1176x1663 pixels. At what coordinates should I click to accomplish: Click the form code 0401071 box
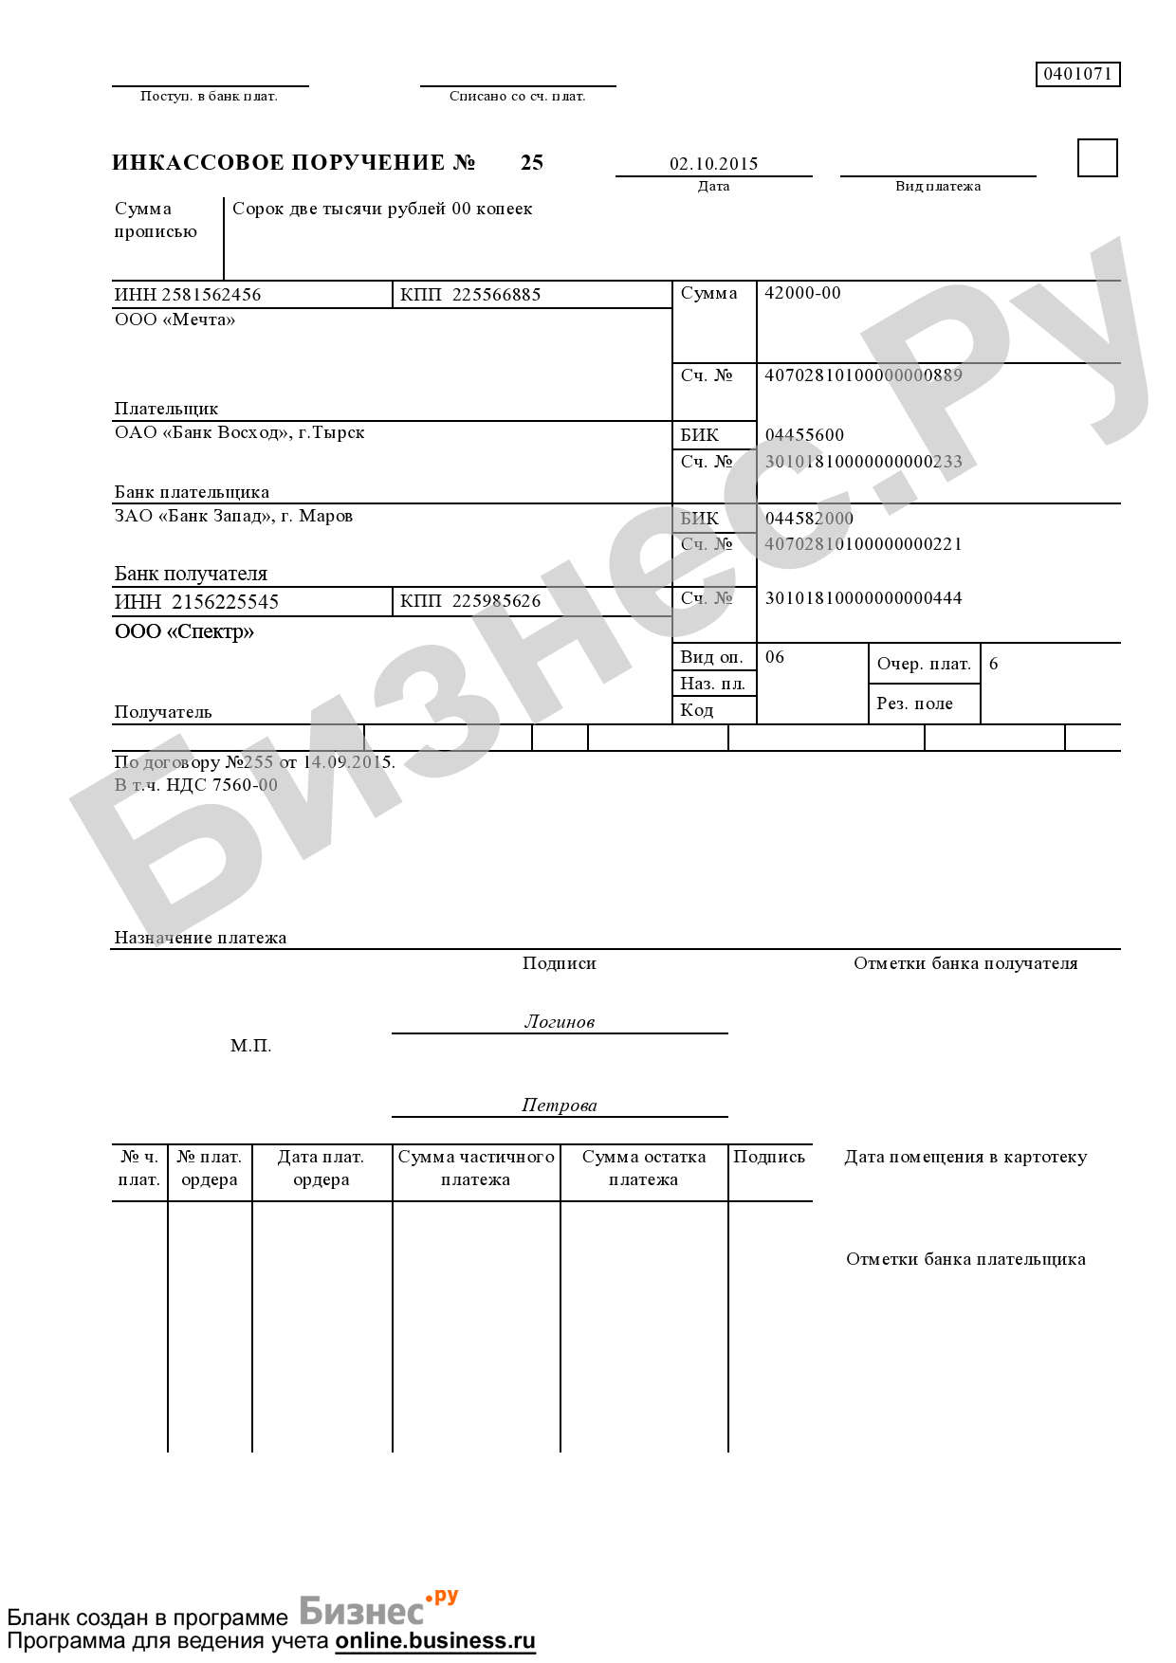(x=1077, y=74)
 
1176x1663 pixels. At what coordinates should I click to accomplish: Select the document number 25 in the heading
(x=531, y=162)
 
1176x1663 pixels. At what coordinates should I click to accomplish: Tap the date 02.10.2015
(x=713, y=163)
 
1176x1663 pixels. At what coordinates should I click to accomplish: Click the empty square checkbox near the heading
(x=1097, y=157)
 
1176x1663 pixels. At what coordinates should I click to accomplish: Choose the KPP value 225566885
(x=496, y=295)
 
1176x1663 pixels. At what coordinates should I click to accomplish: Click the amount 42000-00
(x=802, y=293)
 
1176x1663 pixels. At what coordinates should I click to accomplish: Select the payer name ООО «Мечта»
(x=175, y=320)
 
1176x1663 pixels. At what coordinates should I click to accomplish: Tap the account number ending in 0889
(x=863, y=375)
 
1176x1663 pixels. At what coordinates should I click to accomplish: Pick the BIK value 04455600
(x=804, y=435)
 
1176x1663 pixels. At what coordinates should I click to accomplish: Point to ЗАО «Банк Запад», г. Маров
(x=233, y=516)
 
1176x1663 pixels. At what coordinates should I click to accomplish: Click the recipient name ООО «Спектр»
(x=184, y=631)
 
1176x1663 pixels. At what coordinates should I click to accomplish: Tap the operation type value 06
(x=775, y=657)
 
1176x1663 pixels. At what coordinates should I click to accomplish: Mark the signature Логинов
(x=560, y=1021)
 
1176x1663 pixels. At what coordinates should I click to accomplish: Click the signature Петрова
(x=560, y=1105)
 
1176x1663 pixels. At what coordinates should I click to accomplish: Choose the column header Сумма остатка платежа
(x=644, y=1168)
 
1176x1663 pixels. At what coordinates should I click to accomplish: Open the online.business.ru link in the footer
(x=435, y=1640)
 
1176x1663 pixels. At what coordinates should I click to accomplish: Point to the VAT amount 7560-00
(x=245, y=785)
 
